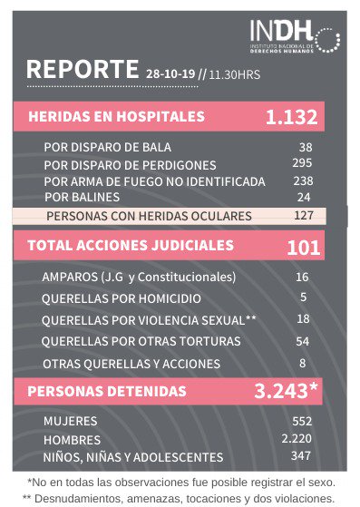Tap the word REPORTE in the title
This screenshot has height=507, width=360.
(83, 70)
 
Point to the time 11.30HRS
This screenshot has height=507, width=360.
(235, 74)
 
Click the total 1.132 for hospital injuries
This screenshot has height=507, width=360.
(291, 117)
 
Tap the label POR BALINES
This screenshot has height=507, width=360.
(83, 196)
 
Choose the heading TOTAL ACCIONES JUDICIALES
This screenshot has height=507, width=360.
(131, 245)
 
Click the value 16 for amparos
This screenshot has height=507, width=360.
(302, 277)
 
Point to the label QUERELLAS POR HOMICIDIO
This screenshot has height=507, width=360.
(122, 298)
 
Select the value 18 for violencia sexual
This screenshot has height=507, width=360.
(303, 319)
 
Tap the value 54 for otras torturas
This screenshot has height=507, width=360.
(303, 341)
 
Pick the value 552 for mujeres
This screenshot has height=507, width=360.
(302, 422)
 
